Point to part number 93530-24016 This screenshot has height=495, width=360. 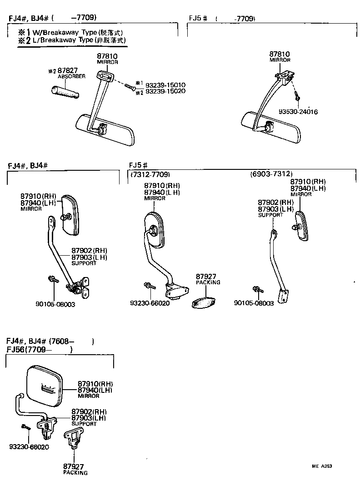point(298,112)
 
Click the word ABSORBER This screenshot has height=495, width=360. point(71,77)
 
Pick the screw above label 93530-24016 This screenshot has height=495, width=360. point(297,97)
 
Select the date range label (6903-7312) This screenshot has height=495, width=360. point(271,174)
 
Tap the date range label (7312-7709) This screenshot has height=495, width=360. point(150,174)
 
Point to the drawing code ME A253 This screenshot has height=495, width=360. point(321,466)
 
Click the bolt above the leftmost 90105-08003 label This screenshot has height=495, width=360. point(52,279)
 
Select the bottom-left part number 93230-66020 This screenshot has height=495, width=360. point(29,447)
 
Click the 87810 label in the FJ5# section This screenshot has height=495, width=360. point(280,54)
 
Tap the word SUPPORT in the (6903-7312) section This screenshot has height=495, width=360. point(270,215)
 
